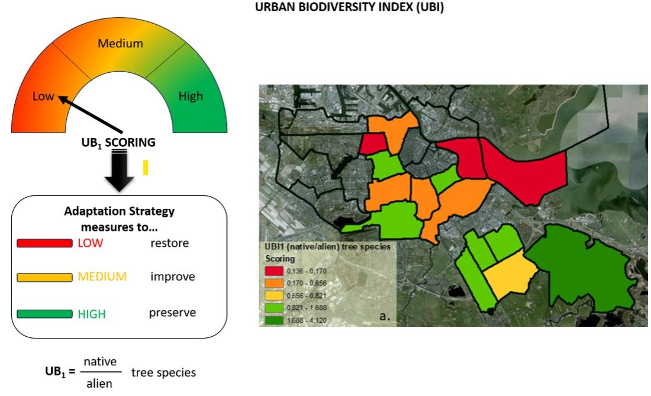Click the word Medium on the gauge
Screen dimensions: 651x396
(x=120, y=43)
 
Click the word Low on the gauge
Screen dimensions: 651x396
(x=43, y=96)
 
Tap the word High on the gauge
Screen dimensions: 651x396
(x=191, y=96)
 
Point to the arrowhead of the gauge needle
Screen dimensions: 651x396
(x=62, y=98)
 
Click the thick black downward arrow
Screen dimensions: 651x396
(x=120, y=171)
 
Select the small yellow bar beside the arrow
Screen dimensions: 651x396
(x=146, y=168)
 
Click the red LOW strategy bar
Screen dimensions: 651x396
(x=44, y=243)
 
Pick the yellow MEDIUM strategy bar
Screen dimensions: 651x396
(x=44, y=277)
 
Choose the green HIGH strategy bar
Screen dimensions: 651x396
(x=44, y=314)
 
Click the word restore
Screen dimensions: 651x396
(x=169, y=243)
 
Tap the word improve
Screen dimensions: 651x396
(x=173, y=277)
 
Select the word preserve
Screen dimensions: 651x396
(x=172, y=313)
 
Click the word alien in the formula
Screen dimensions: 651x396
(x=99, y=384)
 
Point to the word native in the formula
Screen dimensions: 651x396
(x=100, y=362)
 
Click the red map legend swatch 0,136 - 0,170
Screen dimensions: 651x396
(x=274, y=271)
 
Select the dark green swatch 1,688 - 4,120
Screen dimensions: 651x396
(x=274, y=320)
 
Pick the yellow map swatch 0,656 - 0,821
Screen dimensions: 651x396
(x=274, y=295)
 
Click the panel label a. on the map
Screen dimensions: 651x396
(x=385, y=316)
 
